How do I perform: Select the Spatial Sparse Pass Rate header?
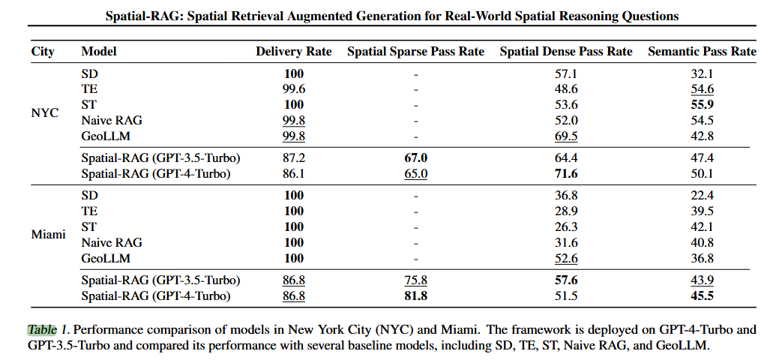pos(415,52)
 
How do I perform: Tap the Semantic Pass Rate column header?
pos(702,52)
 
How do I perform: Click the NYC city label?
pos(45,112)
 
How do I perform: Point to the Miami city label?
pos(48,234)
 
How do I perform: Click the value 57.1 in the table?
pos(565,74)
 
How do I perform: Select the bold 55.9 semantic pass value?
pos(702,105)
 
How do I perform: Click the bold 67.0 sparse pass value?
pos(415,158)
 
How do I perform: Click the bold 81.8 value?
pos(415,295)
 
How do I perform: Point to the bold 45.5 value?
pos(702,295)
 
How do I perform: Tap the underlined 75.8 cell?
pos(415,280)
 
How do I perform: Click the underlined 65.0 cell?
pos(415,174)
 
